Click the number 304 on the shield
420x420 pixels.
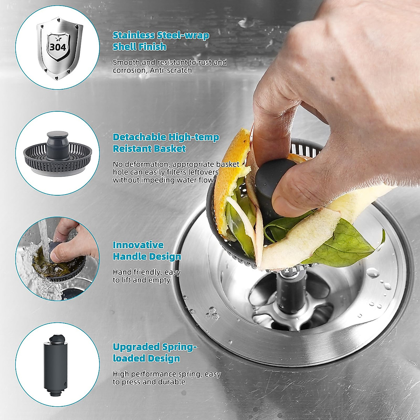[58, 48]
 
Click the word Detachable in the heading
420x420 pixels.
[139, 137]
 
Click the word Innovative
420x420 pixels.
[138, 245]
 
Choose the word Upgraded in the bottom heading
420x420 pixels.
[136, 347]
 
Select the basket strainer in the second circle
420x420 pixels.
[57, 154]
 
